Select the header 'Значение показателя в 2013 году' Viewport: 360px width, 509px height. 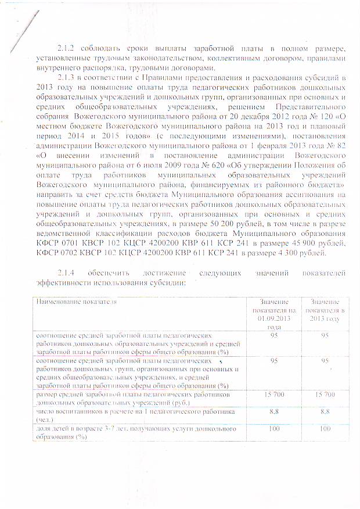click(x=325, y=310)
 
